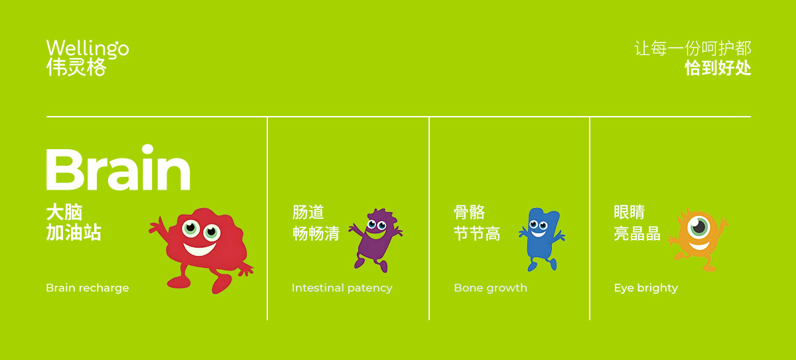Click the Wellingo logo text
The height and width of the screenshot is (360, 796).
click(88, 48)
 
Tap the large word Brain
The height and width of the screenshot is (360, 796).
click(118, 168)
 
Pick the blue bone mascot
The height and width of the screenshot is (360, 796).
click(542, 239)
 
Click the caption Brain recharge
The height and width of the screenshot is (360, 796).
click(88, 288)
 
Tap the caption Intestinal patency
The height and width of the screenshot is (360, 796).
click(342, 288)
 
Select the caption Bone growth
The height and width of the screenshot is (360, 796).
click(490, 288)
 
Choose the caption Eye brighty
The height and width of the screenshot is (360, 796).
click(645, 288)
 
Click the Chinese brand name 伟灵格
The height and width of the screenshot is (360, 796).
click(76, 67)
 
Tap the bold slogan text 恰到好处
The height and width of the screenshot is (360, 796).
click(718, 68)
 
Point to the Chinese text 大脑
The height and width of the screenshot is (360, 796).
click(64, 212)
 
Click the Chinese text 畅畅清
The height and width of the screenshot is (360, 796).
click(316, 233)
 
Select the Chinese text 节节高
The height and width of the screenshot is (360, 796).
click(477, 233)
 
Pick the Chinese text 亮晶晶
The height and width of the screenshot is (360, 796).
click(637, 233)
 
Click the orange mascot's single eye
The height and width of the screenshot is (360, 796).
click(698, 227)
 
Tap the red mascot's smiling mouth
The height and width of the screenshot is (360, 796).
click(200, 249)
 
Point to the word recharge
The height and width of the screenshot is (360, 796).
click(104, 288)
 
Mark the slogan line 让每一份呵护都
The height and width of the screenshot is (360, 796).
click(693, 48)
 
